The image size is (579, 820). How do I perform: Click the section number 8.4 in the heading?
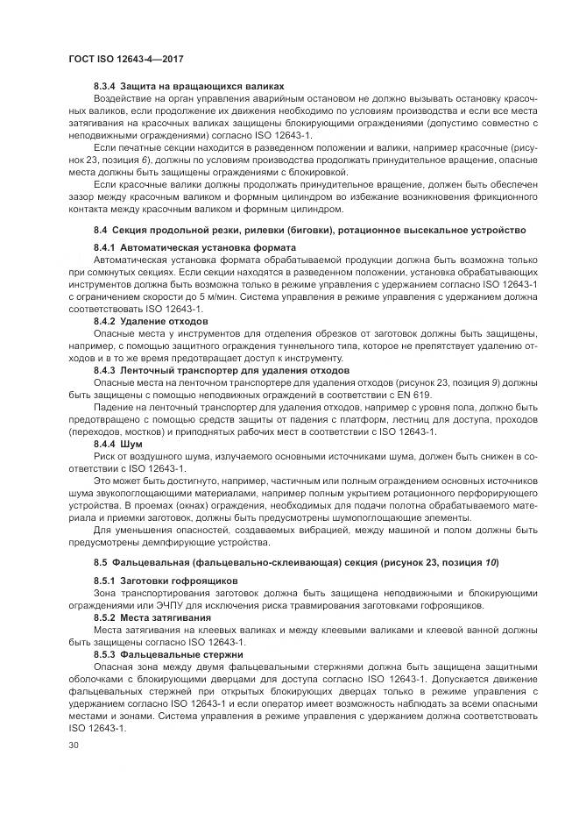100,229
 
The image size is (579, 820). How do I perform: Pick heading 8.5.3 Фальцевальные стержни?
170,654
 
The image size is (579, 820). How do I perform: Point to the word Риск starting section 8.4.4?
106,459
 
